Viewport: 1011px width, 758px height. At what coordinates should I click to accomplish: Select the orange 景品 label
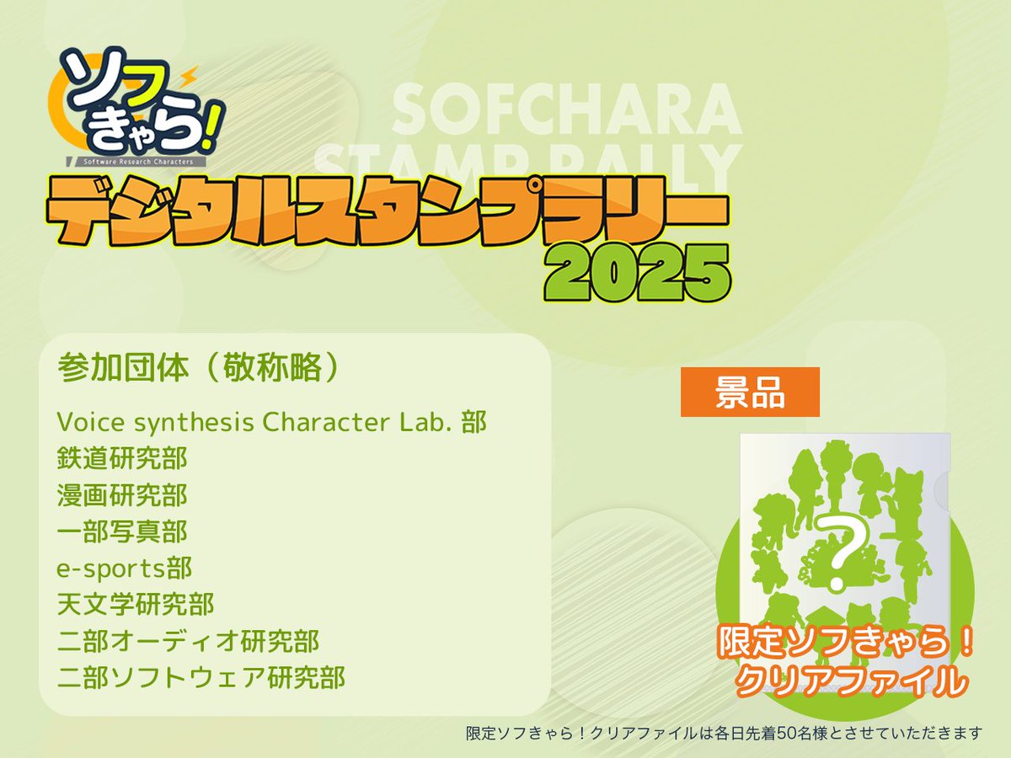point(750,392)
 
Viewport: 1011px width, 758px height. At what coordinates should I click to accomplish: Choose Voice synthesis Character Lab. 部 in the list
point(271,422)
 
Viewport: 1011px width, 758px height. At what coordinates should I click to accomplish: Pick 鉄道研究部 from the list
point(122,459)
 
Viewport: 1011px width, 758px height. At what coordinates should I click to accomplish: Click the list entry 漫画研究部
point(122,495)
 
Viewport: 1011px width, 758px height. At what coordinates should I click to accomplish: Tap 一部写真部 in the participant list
point(122,531)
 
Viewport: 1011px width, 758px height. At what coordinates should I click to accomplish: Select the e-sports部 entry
point(125,568)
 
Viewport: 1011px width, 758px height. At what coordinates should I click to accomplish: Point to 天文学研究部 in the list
point(136,604)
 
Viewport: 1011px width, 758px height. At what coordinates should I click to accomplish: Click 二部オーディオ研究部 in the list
point(189,641)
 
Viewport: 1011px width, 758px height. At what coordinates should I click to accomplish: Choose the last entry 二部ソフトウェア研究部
point(201,677)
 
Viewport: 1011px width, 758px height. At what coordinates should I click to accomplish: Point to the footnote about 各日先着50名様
point(724,734)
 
